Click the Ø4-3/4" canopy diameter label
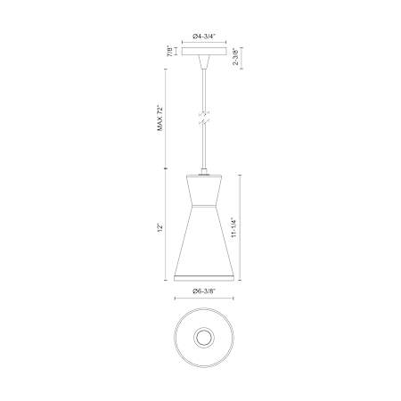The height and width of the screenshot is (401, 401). [204, 37]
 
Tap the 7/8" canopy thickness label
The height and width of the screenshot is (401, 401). [170, 51]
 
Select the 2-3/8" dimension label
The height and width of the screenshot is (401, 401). [236, 56]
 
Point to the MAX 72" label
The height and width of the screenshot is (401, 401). [160, 118]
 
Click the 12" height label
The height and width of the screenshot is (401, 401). [160, 228]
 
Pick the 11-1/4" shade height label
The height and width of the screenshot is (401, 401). [234, 227]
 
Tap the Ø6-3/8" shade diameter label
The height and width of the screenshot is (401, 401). [204, 291]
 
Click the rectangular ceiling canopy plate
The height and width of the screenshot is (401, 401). [204, 51]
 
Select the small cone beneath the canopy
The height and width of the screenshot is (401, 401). [204, 62]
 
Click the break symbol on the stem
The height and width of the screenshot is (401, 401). [204, 119]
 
